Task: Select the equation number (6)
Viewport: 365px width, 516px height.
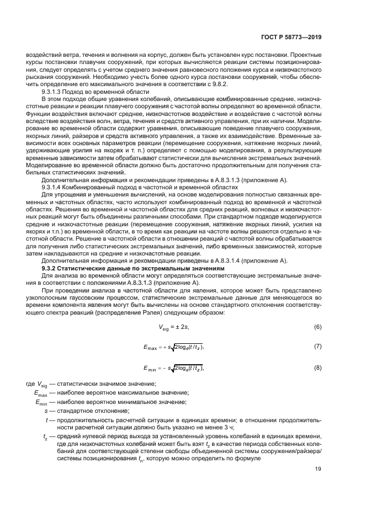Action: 318,327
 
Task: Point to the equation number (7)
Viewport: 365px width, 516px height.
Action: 318,347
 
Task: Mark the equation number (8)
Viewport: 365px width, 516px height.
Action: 318,368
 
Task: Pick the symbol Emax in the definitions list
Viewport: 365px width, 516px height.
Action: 41,393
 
